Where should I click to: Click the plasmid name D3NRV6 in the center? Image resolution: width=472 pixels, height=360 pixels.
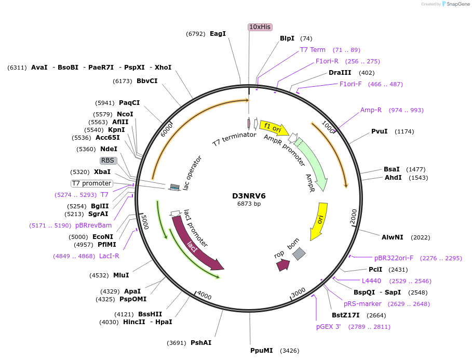tap(249, 196)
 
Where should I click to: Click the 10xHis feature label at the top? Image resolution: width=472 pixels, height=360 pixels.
tap(260, 27)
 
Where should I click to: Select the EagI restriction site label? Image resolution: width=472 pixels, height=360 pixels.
tap(218, 34)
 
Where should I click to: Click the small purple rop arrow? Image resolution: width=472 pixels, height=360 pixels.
tap(283, 265)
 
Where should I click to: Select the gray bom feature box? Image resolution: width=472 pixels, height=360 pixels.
tap(299, 254)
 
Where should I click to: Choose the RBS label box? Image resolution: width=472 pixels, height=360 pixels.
tap(107, 161)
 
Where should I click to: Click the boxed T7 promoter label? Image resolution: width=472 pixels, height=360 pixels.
tap(92, 183)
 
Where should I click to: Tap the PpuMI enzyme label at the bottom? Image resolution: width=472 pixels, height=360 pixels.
tap(261, 351)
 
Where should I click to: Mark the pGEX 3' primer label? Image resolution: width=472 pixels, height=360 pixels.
tap(329, 327)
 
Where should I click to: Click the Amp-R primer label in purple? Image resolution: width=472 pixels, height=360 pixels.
tap(371, 110)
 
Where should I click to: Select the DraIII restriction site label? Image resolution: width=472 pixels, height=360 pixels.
tap(340, 73)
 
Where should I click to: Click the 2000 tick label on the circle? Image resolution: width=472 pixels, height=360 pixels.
tap(354, 214)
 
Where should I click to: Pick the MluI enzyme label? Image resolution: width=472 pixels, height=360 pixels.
tap(121, 275)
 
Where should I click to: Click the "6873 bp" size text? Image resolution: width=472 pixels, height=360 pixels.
tap(249, 204)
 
